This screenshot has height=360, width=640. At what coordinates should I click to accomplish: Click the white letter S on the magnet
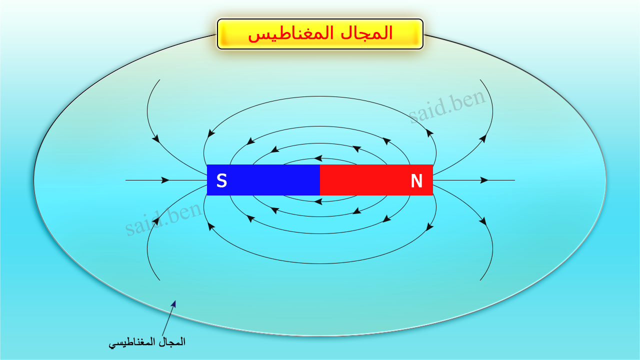coord(221,180)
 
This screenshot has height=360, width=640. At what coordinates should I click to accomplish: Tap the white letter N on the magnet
coord(416,180)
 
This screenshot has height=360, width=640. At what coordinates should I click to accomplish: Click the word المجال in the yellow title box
coord(365,33)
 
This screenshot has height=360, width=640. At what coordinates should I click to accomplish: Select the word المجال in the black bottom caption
coord(171,342)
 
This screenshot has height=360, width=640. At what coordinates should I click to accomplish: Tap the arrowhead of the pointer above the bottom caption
coord(174,303)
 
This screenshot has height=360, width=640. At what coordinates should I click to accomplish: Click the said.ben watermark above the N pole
coord(447,106)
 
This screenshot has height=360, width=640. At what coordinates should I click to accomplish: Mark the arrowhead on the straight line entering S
coord(165,180)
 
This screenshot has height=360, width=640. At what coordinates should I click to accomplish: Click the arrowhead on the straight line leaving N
coord(484,180)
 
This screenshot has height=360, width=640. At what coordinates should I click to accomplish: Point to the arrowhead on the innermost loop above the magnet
coord(318,158)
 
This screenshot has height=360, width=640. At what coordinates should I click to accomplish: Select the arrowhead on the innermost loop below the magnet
coord(318,202)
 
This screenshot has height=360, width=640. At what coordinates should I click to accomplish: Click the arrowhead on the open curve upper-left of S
coord(156,138)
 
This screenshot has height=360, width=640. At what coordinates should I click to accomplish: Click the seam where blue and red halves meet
coord(320,180)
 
